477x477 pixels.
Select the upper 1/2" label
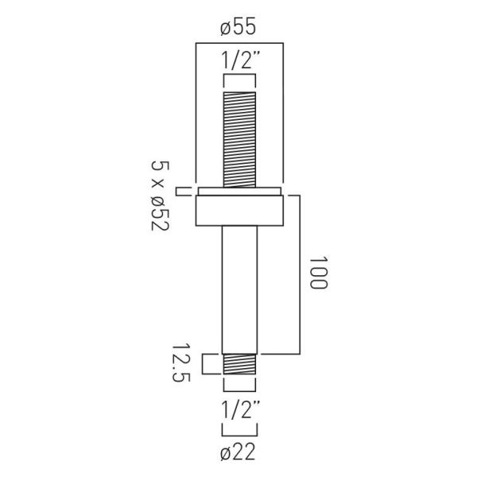tap(240, 61)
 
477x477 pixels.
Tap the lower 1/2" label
tap(240, 409)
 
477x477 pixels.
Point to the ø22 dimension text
tap(238, 452)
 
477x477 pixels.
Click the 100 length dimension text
tap(319, 272)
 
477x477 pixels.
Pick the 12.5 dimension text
tap(181, 363)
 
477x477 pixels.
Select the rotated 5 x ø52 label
tap(160, 196)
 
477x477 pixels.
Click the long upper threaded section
tap(239, 140)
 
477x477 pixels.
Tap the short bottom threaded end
tap(239, 364)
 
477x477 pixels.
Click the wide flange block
tap(239, 211)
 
